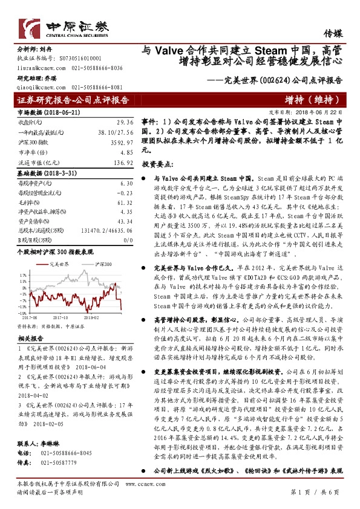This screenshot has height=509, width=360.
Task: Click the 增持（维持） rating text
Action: tap(305, 100)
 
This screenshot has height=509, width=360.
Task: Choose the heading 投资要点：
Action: tap(159, 164)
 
